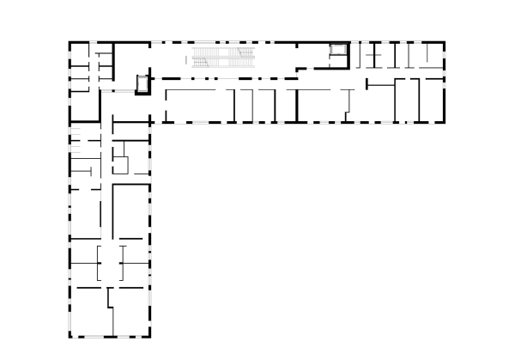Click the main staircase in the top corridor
click(x=221, y=59)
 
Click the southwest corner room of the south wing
click(x=89, y=311)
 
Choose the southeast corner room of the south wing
click(x=131, y=311)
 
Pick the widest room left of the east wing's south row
click(x=197, y=103)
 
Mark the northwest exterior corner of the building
click(x=70, y=41)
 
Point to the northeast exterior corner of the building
click(x=445, y=41)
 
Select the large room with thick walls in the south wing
click(x=131, y=209)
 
